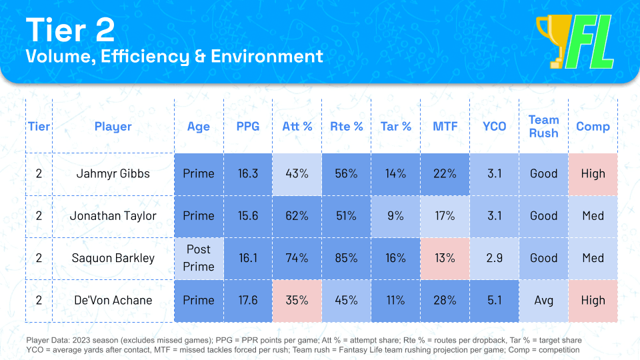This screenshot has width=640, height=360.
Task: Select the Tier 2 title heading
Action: coord(70,30)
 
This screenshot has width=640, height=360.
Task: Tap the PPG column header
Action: coord(247,127)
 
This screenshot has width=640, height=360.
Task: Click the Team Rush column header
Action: coord(543,127)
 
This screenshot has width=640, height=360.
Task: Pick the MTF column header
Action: coord(445,127)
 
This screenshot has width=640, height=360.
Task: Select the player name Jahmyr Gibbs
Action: coord(113,174)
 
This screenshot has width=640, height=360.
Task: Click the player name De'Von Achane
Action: coord(113,301)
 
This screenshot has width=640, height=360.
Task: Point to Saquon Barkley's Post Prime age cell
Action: coord(199,258)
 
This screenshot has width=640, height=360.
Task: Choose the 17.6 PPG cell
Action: coord(247,301)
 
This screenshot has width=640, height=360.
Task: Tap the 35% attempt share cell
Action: coord(297,301)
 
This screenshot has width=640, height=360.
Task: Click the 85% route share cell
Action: coord(346,258)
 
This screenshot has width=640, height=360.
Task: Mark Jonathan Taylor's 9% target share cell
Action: coord(395,216)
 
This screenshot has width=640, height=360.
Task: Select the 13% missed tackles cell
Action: coord(445,258)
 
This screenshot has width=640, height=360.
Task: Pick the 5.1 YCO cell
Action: coord(494,301)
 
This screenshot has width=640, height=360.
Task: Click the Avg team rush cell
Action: coord(543,301)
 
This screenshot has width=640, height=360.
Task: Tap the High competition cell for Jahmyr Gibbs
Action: coord(593,174)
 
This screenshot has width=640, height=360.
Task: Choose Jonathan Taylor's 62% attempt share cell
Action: coord(297,216)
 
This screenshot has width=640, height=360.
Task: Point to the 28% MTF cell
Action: coord(445,301)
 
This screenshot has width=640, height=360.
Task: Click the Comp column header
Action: coord(593,127)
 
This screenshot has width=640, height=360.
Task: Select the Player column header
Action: coord(113,127)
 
